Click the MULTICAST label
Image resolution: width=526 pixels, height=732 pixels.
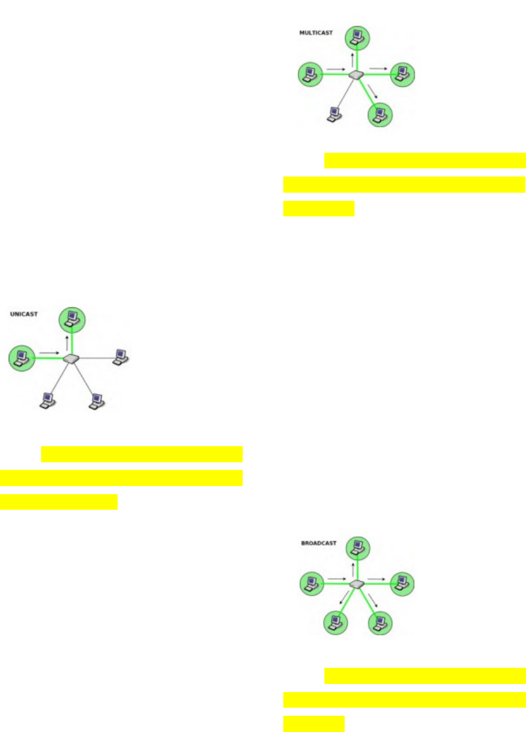(x=316, y=33)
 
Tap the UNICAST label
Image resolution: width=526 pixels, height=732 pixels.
(x=23, y=314)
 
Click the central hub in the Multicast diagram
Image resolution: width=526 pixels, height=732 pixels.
(x=356, y=75)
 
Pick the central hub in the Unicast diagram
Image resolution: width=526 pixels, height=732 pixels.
(x=71, y=359)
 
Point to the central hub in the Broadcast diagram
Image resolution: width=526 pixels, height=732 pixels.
(x=356, y=584)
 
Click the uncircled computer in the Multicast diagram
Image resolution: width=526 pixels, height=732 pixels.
(x=334, y=114)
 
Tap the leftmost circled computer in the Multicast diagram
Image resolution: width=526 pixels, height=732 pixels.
(x=310, y=75)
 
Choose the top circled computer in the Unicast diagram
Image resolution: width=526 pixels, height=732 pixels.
(x=72, y=319)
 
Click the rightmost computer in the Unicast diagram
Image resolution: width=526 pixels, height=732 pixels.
(x=120, y=356)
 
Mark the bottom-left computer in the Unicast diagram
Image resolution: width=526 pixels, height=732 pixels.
(x=48, y=400)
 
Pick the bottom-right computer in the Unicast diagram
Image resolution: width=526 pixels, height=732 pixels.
(x=96, y=400)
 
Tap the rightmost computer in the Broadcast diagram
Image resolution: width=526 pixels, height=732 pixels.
(x=402, y=583)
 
